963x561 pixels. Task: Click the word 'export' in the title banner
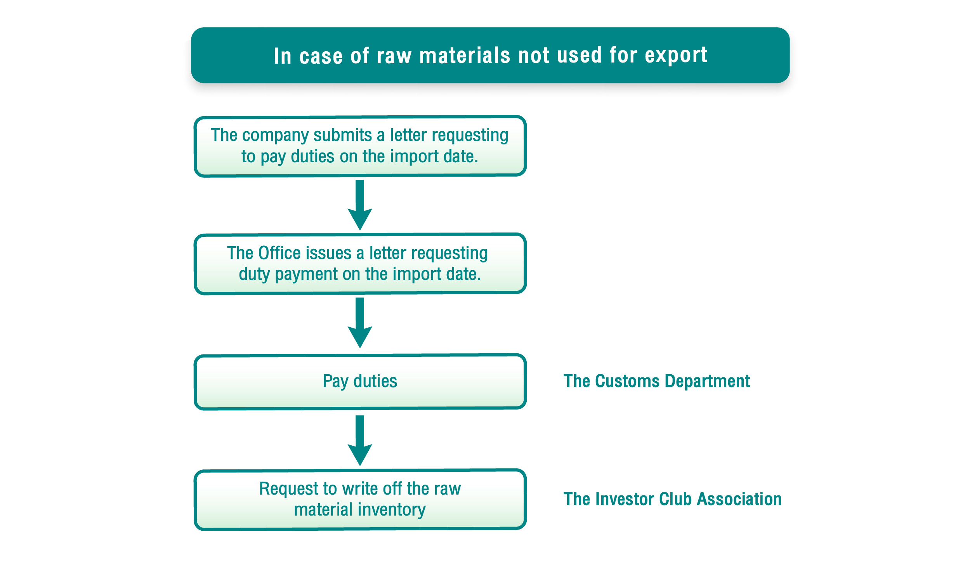(x=676, y=56)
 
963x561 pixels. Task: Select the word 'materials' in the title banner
(x=465, y=55)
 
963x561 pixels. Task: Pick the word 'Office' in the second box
(x=279, y=253)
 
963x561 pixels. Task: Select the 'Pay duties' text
(x=360, y=381)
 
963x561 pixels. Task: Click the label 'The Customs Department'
(x=656, y=381)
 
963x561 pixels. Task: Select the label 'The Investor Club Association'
(x=672, y=499)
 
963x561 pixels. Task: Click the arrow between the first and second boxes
(x=360, y=205)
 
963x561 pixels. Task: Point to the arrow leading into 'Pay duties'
(x=360, y=323)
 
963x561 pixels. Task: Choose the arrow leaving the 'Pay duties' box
(x=360, y=441)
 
